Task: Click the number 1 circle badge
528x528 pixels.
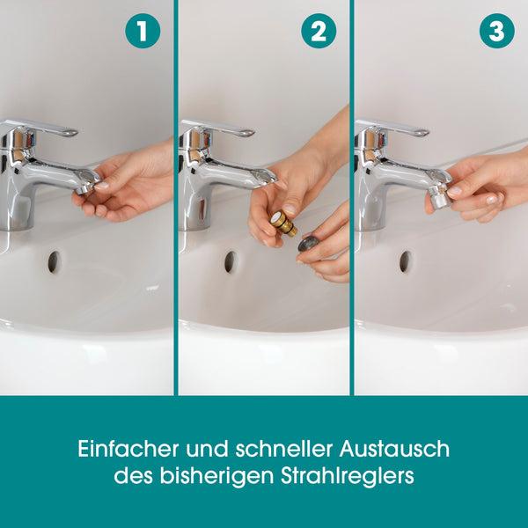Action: pyautogui.click(x=143, y=32)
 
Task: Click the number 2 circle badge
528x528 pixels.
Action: pyautogui.click(x=319, y=32)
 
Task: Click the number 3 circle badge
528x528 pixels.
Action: pyautogui.click(x=495, y=32)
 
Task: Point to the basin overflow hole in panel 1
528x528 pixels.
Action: pyautogui.click(x=55, y=261)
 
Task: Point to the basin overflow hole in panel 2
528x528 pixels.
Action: pyautogui.click(x=231, y=261)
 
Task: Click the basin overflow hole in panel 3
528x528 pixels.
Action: pyautogui.click(x=406, y=261)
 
